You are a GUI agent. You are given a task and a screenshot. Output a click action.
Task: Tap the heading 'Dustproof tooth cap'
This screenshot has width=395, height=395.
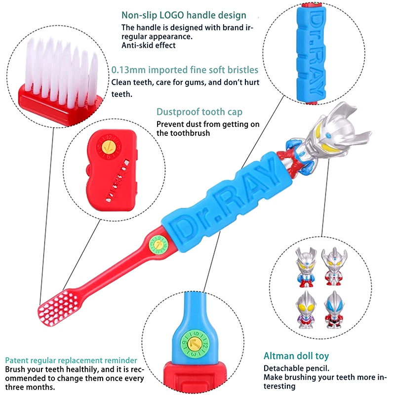point(199,112)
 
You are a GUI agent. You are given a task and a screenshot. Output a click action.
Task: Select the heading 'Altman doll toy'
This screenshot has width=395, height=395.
point(296,355)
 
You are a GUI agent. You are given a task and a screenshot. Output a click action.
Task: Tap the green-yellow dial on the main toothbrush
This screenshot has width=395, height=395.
point(158,244)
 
